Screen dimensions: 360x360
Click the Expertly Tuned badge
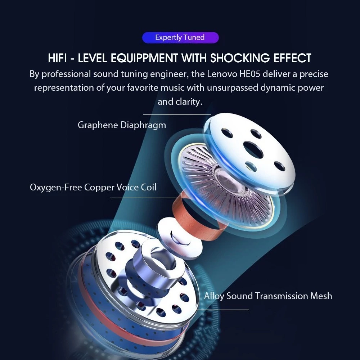point(180,37)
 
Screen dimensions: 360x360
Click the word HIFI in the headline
point(57,58)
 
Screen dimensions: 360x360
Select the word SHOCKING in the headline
point(240,58)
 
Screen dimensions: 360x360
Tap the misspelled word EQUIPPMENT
point(144,58)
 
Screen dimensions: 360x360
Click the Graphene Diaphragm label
point(122,125)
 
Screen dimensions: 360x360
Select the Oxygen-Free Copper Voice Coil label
point(93,187)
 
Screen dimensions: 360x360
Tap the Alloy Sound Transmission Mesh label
point(268,296)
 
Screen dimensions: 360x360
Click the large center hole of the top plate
point(253,150)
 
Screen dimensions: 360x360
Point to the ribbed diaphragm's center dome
point(227,181)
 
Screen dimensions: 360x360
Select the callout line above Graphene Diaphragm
point(177,114)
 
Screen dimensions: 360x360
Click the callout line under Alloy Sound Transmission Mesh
point(222,310)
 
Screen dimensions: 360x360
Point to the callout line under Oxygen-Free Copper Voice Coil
point(144,197)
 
